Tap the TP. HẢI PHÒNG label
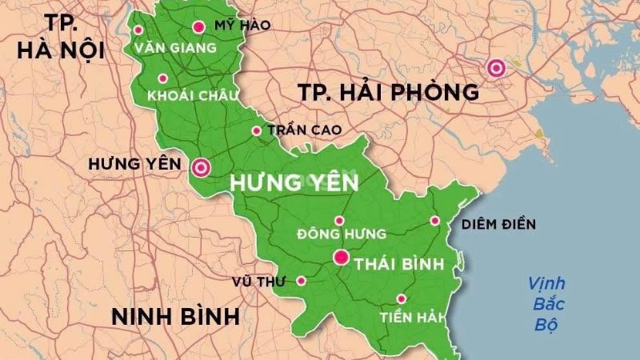coord(389,92)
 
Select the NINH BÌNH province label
coord(175,315)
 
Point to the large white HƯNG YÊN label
coord(294,183)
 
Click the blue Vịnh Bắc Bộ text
coord(546,304)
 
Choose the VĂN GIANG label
coord(176,48)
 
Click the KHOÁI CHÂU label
coord(193,95)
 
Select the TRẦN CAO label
coord(305,130)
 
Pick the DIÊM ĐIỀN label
coord(498,224)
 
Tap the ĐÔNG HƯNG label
coord(342,234)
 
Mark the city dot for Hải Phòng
coord(497,69)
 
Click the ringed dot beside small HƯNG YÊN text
coord(200,167)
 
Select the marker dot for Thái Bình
coord(341,258)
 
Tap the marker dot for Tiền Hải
coord(401,298)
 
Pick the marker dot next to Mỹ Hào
coord(198,26)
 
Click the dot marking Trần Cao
coord(257,130)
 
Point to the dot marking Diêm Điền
coord(435,221)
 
